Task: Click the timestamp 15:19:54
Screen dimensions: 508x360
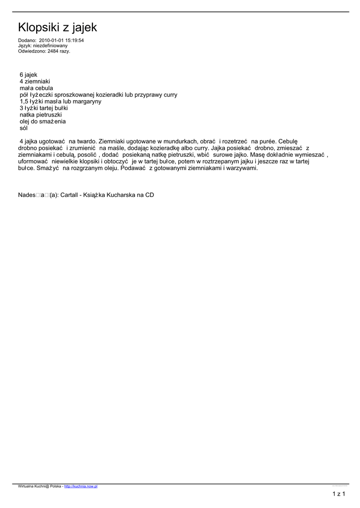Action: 73,40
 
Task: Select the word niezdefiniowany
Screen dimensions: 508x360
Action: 50,46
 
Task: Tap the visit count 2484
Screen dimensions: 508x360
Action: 53,51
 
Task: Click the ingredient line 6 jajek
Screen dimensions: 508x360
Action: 28,74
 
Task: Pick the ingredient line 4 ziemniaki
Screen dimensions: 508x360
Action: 35,81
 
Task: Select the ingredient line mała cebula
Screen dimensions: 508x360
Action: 36,88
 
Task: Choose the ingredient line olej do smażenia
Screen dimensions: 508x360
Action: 43,121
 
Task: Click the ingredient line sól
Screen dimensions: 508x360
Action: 24,128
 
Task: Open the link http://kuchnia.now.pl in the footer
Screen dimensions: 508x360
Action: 80,487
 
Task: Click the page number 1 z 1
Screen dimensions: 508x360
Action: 339,494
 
